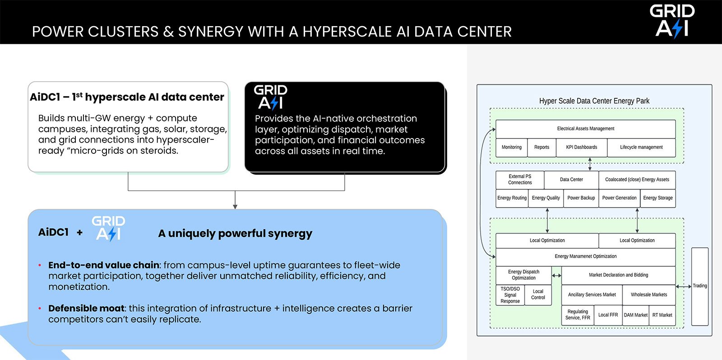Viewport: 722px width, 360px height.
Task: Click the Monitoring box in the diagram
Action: tap(512, 148)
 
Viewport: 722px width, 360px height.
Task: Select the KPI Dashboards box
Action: tap(582, 148)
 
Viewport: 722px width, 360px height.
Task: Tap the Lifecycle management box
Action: tap(641, 148)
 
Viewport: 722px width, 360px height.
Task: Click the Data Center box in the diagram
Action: tap(571, 180)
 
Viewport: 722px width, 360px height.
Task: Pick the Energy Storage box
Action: tap(658, 198)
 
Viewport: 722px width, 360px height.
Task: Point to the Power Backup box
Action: tap(581, 198)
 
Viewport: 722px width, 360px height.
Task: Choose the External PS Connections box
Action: tap(520, 180)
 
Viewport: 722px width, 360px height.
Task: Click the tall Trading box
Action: tap(700, 286)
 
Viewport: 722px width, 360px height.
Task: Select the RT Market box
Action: tap(662, 315)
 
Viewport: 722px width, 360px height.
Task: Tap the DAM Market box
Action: tap(636, 315)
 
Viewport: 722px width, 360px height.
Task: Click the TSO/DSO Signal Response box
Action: tap(510, 295)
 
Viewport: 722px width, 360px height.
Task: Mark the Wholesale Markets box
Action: tap(649, 295)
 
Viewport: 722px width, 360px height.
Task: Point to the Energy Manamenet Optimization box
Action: tap(585, 257)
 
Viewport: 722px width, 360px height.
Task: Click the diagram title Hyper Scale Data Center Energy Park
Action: tap(594, 101)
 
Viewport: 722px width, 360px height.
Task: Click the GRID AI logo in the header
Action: tap(672, 21)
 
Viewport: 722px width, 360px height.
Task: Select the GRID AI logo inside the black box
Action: tap(270, 97)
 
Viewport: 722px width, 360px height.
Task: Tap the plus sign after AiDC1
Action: tap(79, 232)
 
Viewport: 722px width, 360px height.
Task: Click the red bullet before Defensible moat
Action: tap(40, 309)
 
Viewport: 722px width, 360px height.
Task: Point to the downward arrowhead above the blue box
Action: tap(235, 207)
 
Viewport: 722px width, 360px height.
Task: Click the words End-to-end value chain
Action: tap(103, 265)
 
